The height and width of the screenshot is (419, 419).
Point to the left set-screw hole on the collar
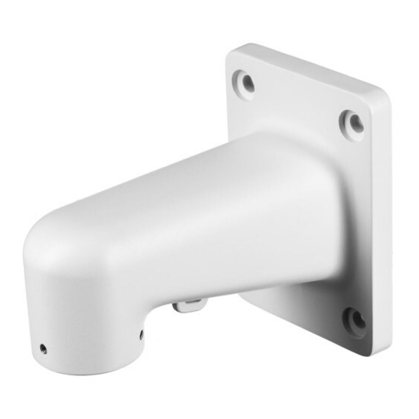click(43, 348)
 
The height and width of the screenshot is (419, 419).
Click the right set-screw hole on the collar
click(141, 334)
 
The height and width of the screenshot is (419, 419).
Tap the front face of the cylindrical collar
click(84, 327)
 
